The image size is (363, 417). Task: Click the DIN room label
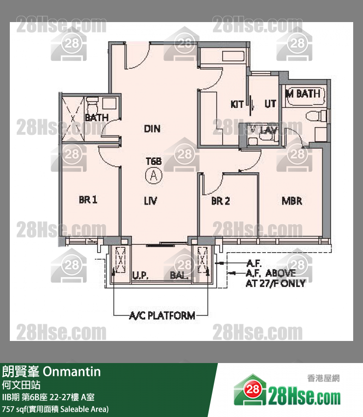152,129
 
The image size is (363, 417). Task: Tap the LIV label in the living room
151,201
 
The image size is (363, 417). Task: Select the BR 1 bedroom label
88,200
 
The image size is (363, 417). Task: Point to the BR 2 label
220,201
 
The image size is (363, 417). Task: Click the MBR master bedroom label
292,201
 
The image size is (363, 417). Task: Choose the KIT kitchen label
237,104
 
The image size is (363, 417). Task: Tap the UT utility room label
270,104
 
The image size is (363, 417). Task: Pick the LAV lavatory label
269,130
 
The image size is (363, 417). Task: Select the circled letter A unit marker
154,176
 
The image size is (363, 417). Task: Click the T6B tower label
154,161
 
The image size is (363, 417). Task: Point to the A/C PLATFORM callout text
162,315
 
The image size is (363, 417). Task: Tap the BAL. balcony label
179,275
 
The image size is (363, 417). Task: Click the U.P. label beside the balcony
140,275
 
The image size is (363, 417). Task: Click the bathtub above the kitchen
233,56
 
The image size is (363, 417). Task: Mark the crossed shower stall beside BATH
73,119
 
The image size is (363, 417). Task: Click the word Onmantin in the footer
72,371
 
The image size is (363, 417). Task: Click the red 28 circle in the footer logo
252,390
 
